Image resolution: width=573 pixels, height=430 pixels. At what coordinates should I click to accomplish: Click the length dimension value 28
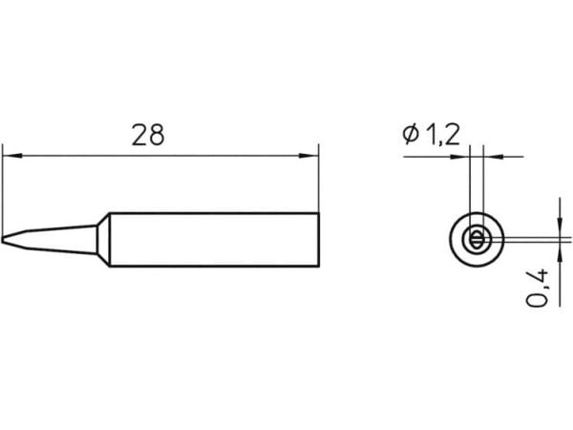pyautogui.click(x=148, y=136)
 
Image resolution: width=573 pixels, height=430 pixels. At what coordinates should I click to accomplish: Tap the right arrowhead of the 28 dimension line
pyautogui.click(x=309, y=156)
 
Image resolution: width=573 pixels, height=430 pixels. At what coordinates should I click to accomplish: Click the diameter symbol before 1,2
pyautogui.click(x=411, y=134)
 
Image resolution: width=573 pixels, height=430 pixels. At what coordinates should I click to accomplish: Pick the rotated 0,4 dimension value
pyautogui.click(x=537, y=288)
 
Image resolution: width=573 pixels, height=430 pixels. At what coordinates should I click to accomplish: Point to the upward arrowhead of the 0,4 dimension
pyautogui.click(x=560, y=252)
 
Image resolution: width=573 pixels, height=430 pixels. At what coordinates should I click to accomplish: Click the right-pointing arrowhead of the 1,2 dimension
pyautogui.click(x=460, y=157)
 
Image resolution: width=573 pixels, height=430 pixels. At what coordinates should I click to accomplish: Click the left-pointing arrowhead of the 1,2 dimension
pyautogui.click(x=494, y=157)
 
